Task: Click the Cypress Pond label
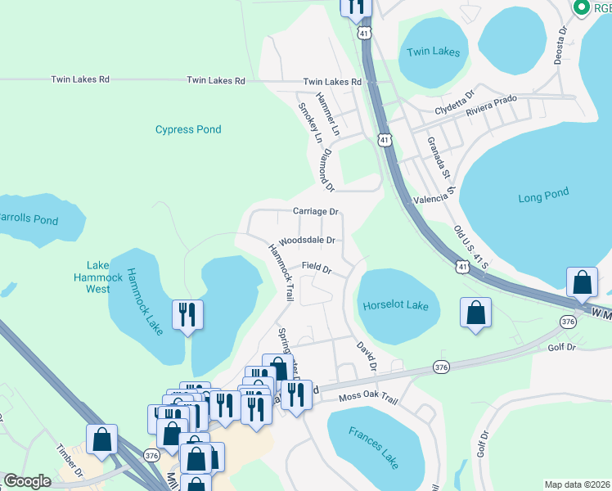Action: pos(188,129)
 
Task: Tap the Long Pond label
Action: pos(543,197)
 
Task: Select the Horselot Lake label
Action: pos(395,305)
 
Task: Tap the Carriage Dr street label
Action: pos(316,211)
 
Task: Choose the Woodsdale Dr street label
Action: pos(307,241)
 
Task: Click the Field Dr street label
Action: pos(316,268)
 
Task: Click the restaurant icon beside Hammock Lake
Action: pos(188,314)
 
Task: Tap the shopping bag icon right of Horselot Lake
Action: pos(475,313)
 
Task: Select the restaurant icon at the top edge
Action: pos(356,7)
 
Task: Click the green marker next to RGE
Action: pos(582,7)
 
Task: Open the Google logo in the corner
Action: pos(27,481)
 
